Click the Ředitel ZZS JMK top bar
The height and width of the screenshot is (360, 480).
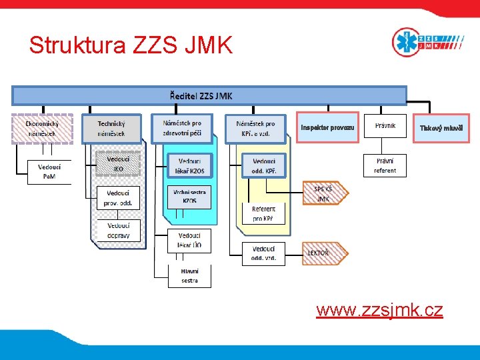click(209, 96)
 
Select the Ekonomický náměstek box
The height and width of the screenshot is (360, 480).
click(41, 129)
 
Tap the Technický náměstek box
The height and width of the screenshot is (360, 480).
click(111, 129)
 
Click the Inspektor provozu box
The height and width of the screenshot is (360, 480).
click(327, 127)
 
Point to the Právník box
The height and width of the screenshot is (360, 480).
click(385, 125)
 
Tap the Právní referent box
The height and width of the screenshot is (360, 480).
click(385, 165)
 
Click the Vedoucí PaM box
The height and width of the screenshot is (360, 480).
click(48, 172)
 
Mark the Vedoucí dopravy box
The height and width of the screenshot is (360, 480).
click(118, 230)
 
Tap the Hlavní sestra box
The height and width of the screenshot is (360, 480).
click(189, 276)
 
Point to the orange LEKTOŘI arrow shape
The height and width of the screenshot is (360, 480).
click(325, 253)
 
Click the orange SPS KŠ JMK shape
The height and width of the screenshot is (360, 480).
click(325, 193)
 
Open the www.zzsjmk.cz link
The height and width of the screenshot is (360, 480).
click(379, 310)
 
